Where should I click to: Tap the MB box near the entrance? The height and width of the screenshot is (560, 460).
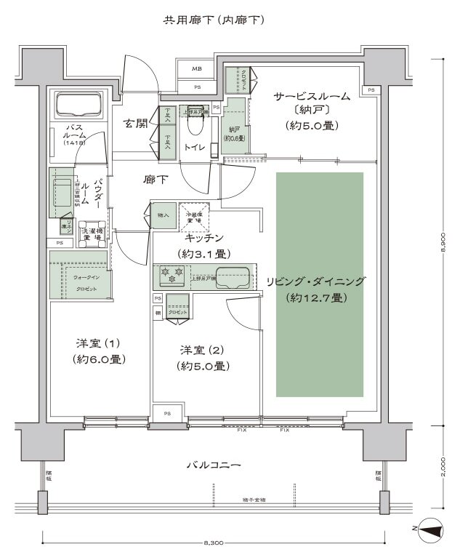pos(197,69)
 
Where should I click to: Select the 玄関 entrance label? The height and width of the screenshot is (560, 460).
pos(136,123)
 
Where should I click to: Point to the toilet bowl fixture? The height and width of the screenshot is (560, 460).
pos(195,129)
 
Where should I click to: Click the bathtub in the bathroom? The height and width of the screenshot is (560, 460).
pos(78,105)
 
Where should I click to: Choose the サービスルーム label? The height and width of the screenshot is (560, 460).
pos(312,96)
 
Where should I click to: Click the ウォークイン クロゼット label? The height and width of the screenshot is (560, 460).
pos(81,282)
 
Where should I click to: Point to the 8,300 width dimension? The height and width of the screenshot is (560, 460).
pos(214,543)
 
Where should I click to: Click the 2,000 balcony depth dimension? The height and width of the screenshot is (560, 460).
pos(445,465)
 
